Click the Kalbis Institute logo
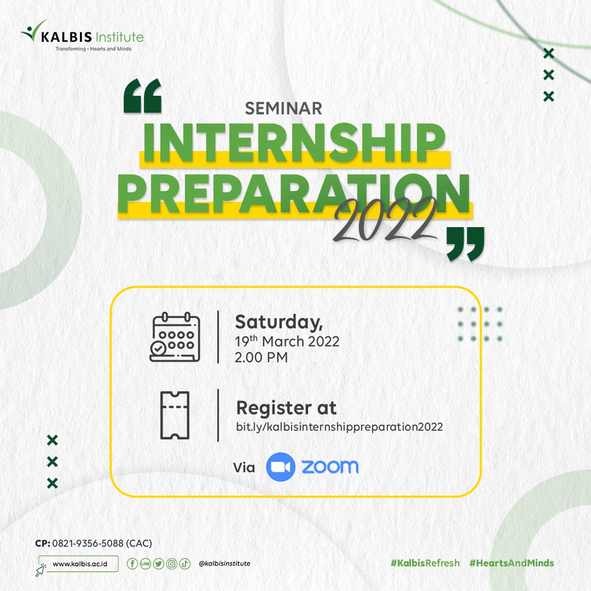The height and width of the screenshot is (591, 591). coord(82,36)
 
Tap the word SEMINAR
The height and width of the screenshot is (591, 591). coord(283,108)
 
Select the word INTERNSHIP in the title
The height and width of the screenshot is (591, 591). coord(294,143)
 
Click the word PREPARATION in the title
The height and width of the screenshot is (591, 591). coord(294,194)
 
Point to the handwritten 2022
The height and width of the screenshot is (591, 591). coord(385,220)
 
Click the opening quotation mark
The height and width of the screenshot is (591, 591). coord(142,96)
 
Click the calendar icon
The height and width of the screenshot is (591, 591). coord(175,337)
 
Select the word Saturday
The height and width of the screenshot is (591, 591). coord(279,323)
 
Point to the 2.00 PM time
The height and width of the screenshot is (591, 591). coord(261,357)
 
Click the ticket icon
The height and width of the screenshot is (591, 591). coord(175,415)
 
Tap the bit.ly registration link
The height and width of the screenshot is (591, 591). coord(339,427)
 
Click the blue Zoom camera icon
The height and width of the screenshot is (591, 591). coord(280,467)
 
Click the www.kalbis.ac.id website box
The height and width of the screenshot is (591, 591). coord(78,564)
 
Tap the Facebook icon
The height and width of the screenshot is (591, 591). coord(132,564)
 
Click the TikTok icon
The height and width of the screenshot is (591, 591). coord(185,564)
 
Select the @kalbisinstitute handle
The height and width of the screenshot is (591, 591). coord(224,564)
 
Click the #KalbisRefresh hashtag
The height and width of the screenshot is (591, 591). coord(425,563)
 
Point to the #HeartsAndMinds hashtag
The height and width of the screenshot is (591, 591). coord(512,563)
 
